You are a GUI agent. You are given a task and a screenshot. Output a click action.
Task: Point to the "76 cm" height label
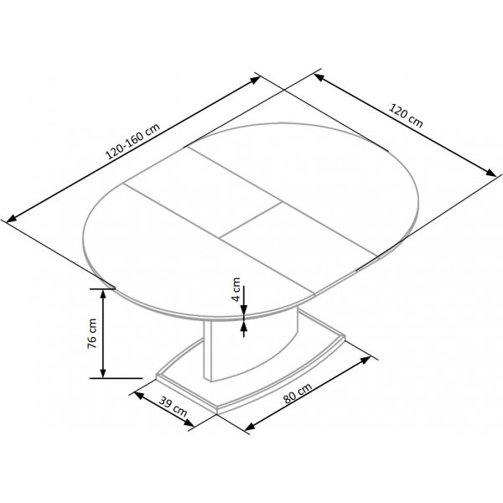click(x=93, y=333)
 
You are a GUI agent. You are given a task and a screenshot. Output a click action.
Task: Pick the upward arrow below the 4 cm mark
click(x=244, y=326)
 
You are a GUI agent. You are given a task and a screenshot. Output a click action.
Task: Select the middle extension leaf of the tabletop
click(x=205, y=189)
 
